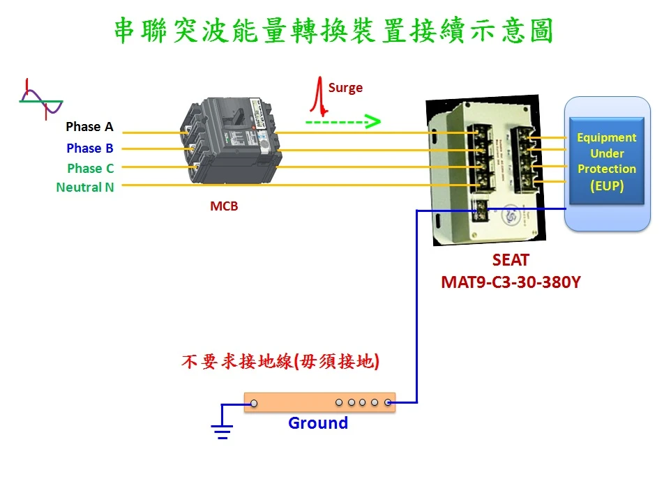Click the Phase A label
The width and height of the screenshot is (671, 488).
tap(89, 127)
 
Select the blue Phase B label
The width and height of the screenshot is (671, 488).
tap(89, 148)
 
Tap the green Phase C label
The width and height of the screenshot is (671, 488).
tap(90, 168)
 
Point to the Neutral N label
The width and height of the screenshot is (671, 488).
tap(85, 187)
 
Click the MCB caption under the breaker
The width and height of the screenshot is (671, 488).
tap(224, 206)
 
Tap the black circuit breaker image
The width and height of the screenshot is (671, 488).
tap(230, 143)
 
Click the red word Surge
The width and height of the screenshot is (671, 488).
tap(345, 88)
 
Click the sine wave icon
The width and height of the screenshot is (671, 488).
tap(41, 100)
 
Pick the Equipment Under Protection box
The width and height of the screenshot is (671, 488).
tap(606, 161)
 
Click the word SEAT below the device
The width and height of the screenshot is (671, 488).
tap(511, 261)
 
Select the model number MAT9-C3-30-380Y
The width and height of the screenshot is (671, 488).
tap(511, 283)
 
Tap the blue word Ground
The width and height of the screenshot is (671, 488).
tap(318, 423)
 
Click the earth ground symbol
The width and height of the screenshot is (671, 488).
tap(222, 431)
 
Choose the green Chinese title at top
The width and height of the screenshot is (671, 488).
tap(333, 31)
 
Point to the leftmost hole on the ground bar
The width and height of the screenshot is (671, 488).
tap(255, 403)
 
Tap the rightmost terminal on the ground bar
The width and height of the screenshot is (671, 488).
tap(388, 402)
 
